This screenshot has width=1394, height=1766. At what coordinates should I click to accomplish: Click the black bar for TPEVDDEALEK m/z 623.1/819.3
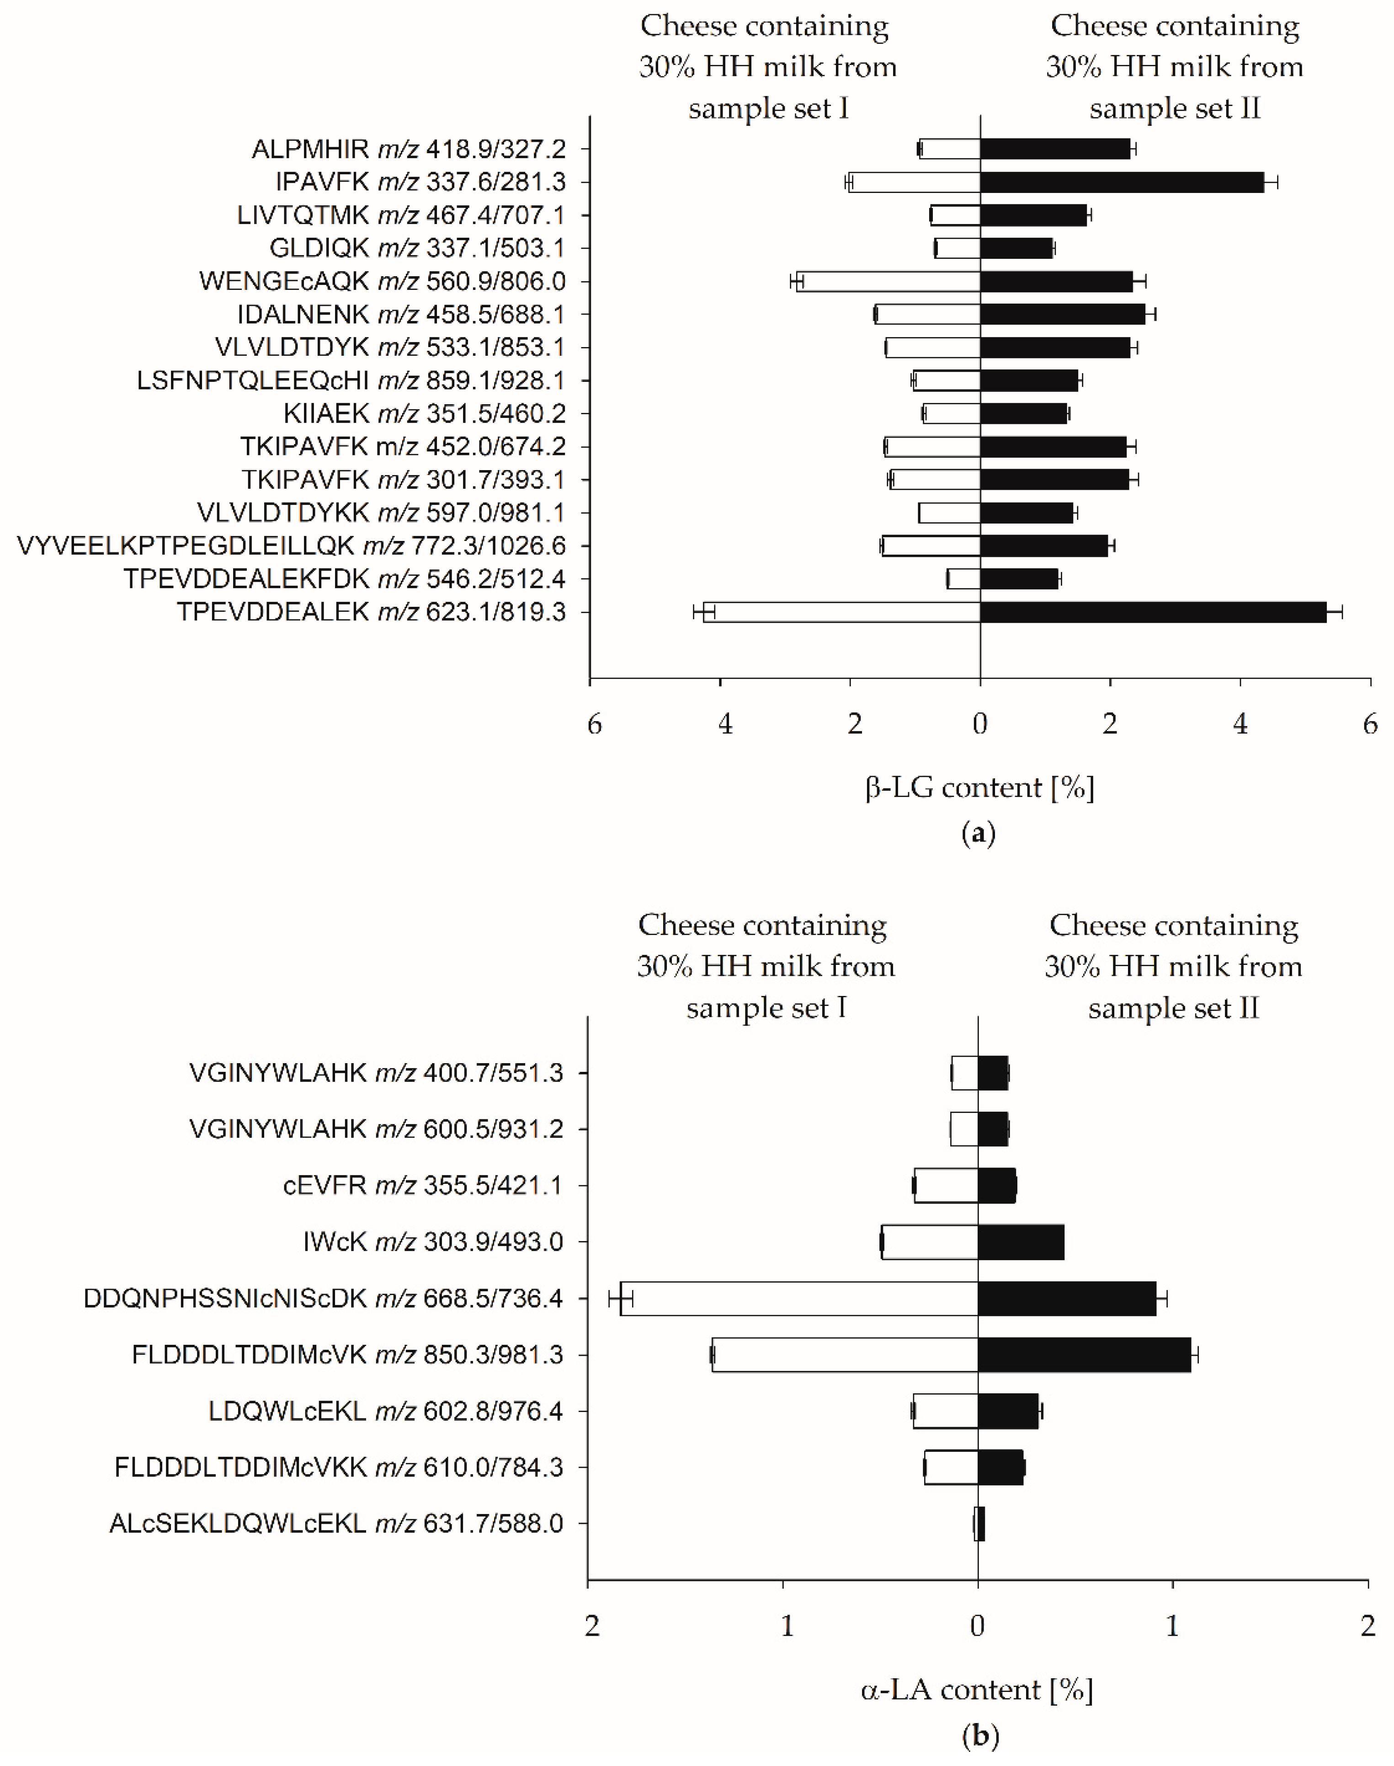1152,612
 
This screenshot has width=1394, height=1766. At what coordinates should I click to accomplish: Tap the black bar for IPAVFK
1122,182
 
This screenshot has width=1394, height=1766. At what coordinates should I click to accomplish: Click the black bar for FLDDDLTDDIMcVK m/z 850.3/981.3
1084,1354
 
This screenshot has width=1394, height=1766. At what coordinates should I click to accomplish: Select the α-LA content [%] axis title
977,1689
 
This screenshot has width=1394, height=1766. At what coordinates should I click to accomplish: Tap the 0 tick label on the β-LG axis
979,723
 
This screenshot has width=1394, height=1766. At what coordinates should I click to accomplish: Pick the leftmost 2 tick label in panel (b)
592,1626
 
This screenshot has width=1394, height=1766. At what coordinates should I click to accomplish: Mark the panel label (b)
980,1735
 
